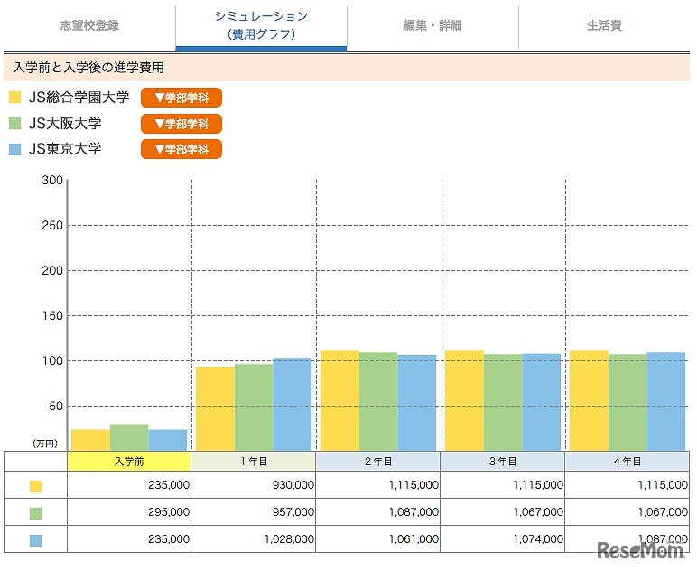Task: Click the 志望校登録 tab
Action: [x=89, y=25]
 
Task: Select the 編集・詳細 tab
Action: [x=432, y=25]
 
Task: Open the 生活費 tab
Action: [x=604, y=25]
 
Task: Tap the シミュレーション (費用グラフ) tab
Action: [x=261, y=25]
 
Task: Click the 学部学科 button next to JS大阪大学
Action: [x=181, y=124]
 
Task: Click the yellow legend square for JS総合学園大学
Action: [x=15, y=98]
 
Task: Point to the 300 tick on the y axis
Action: [x=52, y=181]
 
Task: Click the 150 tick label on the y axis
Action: [x=52, y=315]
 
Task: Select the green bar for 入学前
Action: [x=128, y=437]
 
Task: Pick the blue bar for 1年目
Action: [x=293, y=404]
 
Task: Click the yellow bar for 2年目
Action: [x=339, y=400]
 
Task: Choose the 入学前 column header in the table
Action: [x=129, y=461]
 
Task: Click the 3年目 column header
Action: [x=503, y=461]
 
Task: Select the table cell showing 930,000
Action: [x=254, y=485]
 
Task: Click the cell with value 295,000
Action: [x=129, y=511]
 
